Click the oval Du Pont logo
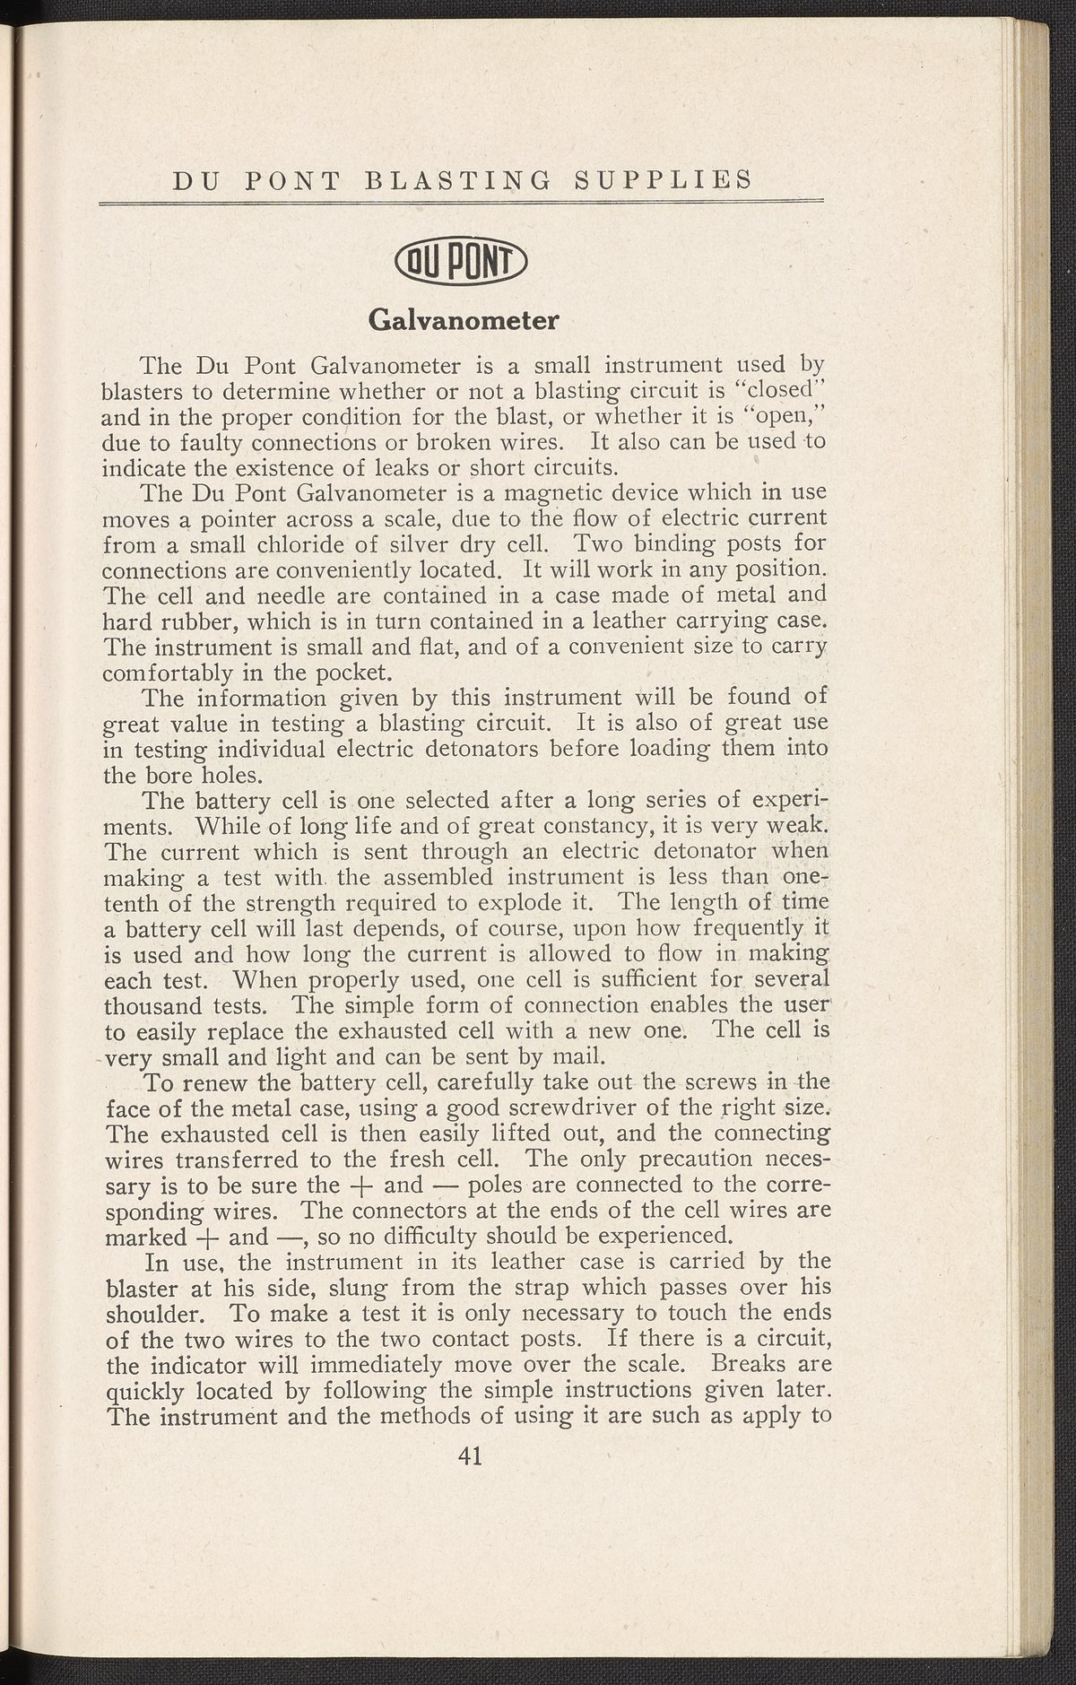(464, 264)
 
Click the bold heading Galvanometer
(464, 319)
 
